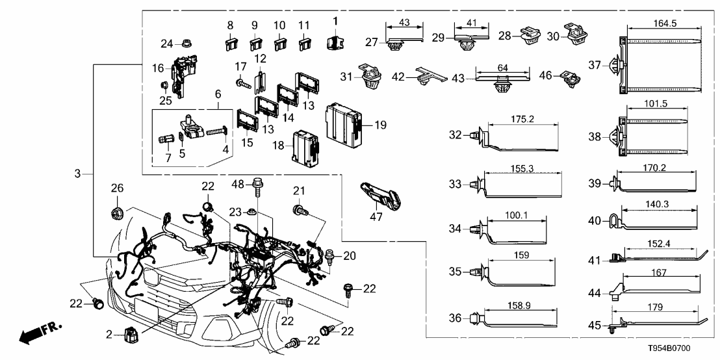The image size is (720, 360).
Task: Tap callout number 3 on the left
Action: coord(78,174)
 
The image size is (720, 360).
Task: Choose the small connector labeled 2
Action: coord(129,335)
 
